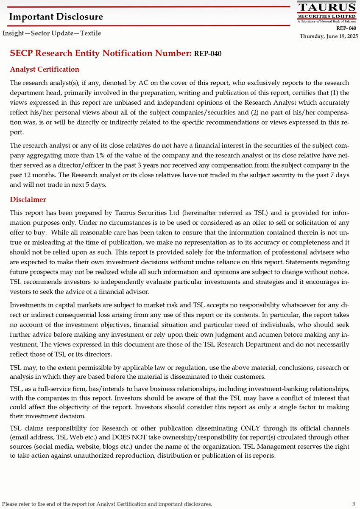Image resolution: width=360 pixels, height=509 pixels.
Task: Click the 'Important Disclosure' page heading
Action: tap(56, 17)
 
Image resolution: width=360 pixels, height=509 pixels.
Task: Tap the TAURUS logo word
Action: tap(327, 7)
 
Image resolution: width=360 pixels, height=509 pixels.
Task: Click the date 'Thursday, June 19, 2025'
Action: tap(329, 36)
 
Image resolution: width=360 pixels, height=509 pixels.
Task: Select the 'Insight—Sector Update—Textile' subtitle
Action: tap(52, 33)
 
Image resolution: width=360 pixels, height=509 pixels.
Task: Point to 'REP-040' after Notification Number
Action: tap(207, 54)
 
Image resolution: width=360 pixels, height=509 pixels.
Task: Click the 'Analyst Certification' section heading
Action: tap(45, 69)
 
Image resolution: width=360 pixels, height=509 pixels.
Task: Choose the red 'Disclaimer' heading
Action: tap(28, 199)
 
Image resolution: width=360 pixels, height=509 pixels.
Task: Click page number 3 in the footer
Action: tap(353, 504)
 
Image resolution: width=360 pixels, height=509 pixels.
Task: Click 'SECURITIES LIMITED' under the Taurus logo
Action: tap(327, 16)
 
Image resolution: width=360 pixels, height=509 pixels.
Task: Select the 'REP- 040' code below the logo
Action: tap(346, 28)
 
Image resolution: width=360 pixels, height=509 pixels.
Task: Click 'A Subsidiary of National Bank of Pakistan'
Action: tap(327, 21)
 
